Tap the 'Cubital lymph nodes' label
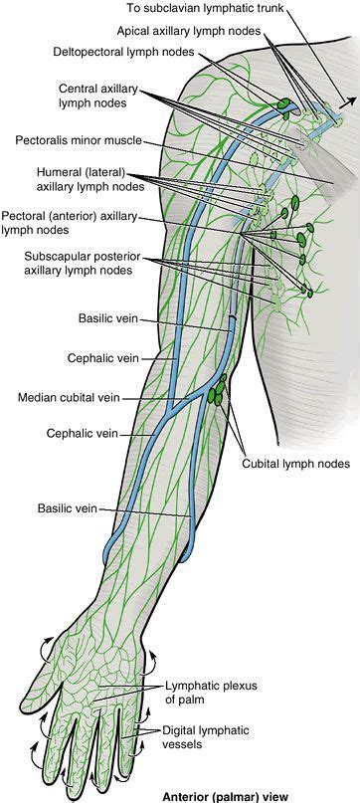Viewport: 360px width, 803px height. (295, 463)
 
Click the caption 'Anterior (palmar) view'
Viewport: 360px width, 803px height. (217, 795)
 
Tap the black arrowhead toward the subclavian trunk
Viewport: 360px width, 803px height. (344, 100)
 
